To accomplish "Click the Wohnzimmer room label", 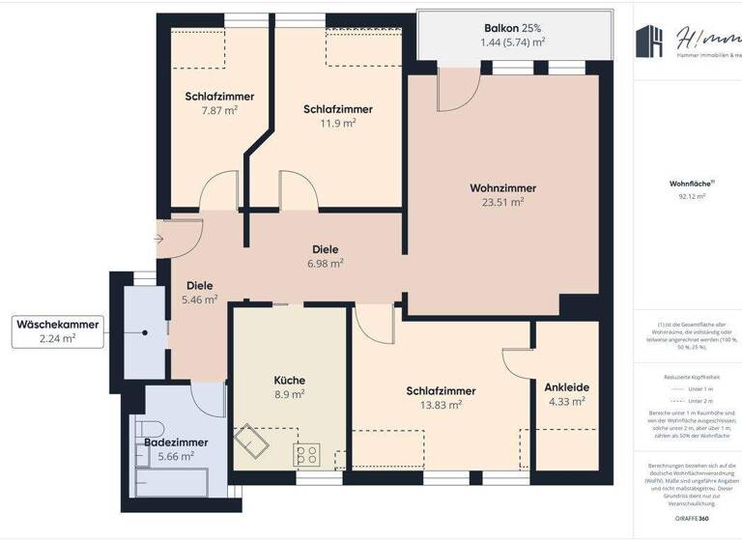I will [502, 187].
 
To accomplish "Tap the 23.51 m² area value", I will [502, 202].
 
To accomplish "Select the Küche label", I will [289, 380].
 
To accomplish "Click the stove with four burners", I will [307, 453].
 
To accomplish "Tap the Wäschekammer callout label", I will [57, 325].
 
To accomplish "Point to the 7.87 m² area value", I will [219, 110].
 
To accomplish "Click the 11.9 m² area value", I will [338, 123].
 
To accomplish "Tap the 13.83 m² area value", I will [441, 405].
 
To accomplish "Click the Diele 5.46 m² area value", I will [199, 300].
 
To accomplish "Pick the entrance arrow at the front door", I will [158, 238].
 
